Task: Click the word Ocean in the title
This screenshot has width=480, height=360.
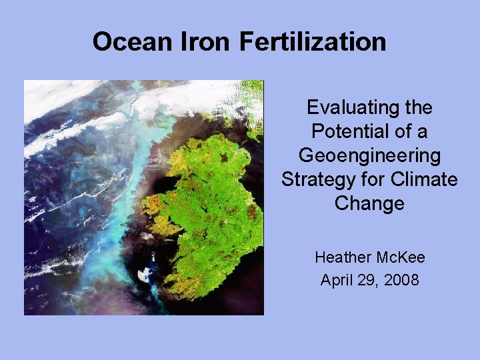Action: [x=131, y=42]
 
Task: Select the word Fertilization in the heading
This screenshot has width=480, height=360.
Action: [x=313, y=42]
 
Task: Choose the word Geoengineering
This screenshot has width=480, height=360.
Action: [x=369, y=156]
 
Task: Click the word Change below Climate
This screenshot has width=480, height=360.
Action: [x=369, y=203]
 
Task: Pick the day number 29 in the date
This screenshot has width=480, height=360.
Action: [x=369, y=281]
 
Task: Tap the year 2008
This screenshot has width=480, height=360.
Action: [x=401, y=281]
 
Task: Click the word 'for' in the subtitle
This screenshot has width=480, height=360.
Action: [x=378, y=180]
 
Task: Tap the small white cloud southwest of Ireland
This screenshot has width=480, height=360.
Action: [x=143, y=273]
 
